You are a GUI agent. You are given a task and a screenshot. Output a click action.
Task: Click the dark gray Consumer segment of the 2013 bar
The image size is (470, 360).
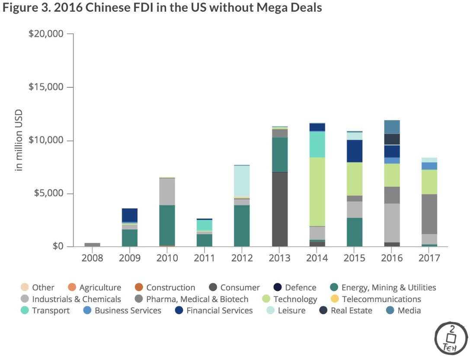coord(280,209)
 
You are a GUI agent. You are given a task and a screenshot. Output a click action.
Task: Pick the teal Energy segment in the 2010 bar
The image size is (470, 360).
coord(167,225)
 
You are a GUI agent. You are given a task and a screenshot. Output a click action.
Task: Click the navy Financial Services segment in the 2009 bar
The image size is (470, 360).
coord(130,215)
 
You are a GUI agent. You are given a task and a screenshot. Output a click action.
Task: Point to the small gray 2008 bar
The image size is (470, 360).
coord(92,245)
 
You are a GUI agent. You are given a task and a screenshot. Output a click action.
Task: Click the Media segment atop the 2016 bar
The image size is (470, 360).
coord(393,127)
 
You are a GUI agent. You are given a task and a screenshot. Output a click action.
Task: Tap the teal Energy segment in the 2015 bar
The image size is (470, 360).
coord(355,232)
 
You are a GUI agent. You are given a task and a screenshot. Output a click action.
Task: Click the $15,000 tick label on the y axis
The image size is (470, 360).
coord(46,87)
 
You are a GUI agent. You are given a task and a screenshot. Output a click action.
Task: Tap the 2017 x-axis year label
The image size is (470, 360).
coord(430,258)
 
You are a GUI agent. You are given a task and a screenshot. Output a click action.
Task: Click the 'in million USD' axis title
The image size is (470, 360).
coord(19,140)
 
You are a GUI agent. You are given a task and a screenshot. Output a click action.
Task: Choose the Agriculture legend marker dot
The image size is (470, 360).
coord(72,288)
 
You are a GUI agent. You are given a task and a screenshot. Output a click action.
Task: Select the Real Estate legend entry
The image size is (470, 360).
coord(351,310)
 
